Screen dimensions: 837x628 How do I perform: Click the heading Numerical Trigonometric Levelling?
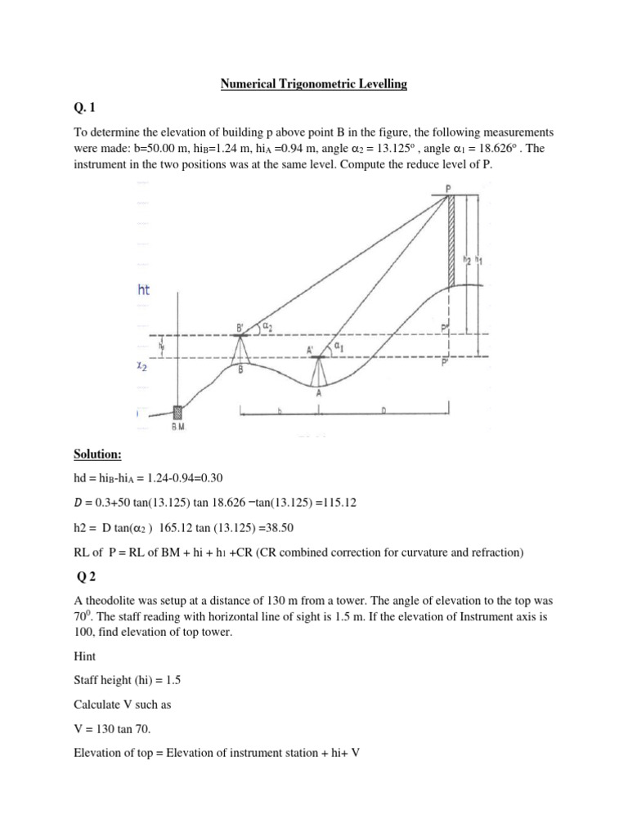point(314,84)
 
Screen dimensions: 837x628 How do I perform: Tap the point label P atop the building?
point(448,189)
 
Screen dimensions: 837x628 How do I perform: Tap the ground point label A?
point(318,392)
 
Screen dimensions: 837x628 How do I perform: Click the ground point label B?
point(240,369)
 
